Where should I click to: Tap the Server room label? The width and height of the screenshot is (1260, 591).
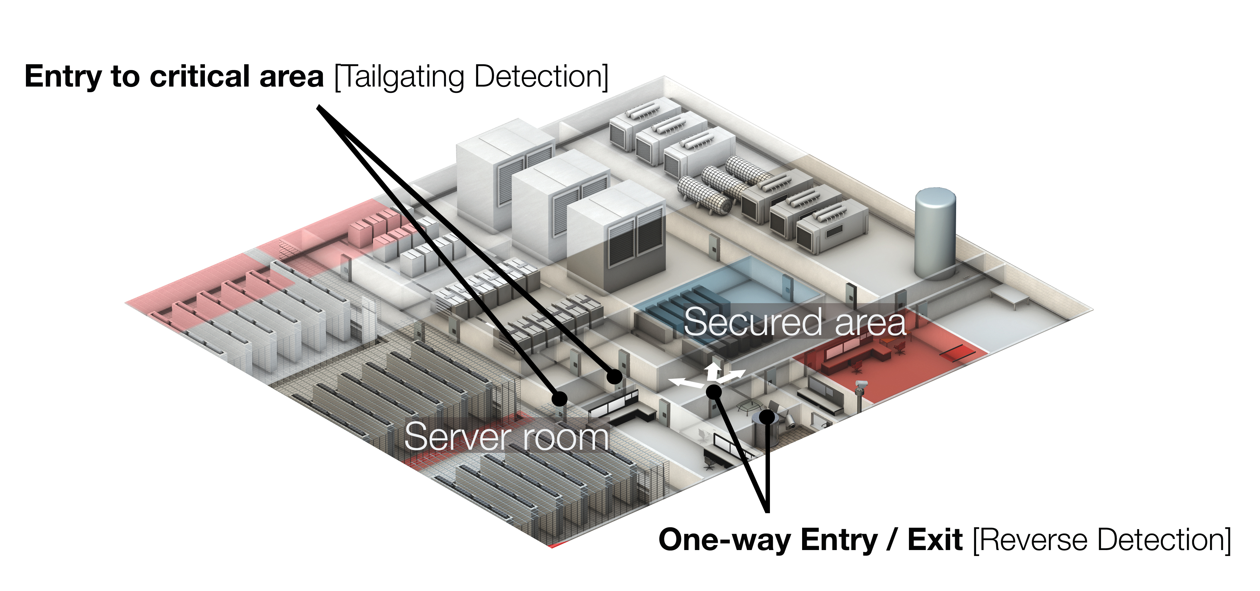[x=506, y=437]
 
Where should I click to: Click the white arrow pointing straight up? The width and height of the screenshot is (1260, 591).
[x=714, y=369]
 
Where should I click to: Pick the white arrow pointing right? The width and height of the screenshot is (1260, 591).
[x=734, y=376]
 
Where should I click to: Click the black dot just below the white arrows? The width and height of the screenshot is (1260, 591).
[x=714, y=391]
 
